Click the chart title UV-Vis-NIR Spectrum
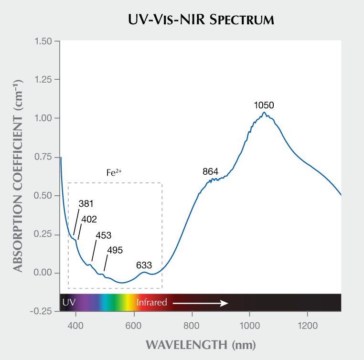pos(201,20)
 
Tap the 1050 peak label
pos(264,105)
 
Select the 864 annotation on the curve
pos(211,171)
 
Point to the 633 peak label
pos(144,265)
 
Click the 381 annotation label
pos(86,204)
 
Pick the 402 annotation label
pos(89,220)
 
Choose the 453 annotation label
pos(104,235)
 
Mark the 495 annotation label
pos(115,250)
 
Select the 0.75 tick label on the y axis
pos(44,157)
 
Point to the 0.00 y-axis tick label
pos(44,273)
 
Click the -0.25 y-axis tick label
pos(42,311)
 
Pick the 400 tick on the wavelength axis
pos(76,327)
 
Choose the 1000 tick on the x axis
pos(250,327)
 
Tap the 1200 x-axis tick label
pos(307,327)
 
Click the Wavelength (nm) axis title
pos(201,345)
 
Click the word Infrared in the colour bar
pos(151,302)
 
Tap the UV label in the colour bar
pos(69,302)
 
